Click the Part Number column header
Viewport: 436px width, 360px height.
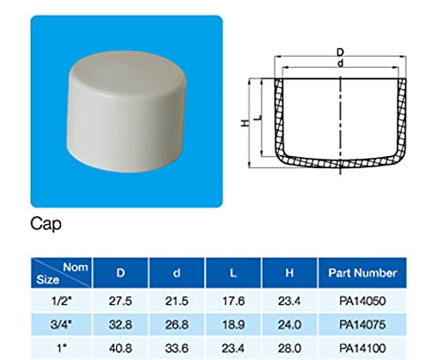pyautogui.click(x=360, y=272)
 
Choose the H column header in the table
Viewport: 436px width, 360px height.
pyautogui.click(x=290, y=272)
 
